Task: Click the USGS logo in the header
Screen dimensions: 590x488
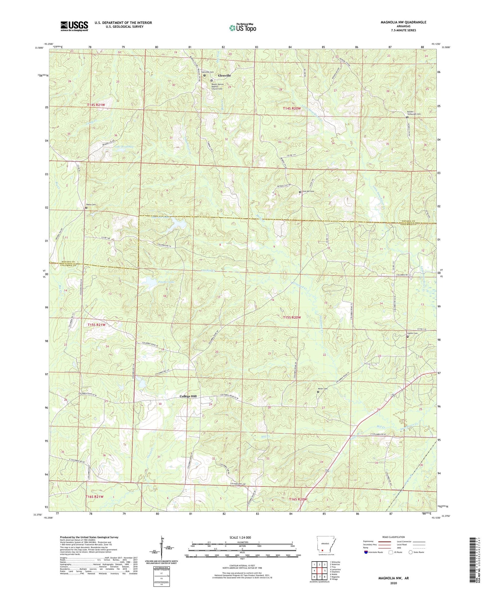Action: (x=74, y=26)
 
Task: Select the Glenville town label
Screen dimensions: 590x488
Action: (x=224, y=76)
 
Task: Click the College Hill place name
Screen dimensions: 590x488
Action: (x=188, y=396)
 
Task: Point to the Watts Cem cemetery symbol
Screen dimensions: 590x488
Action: (x=86, y=208)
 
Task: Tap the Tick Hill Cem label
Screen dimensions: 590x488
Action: (x=308, y=192)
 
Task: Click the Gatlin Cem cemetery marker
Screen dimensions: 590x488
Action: (x=407, y=336)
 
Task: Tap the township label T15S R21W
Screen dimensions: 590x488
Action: (x=97, y=325)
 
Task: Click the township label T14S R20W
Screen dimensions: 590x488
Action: (x=291, y=108)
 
